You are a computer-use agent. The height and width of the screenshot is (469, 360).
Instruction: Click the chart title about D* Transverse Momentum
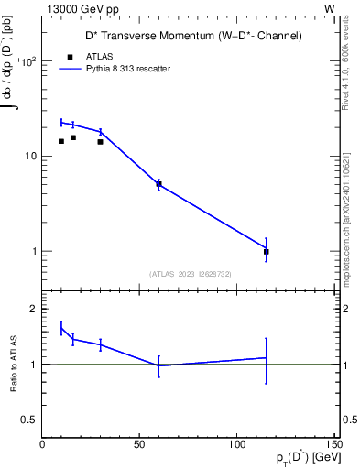pos(188,36)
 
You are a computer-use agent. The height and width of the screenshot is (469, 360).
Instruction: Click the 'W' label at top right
pos(329,7)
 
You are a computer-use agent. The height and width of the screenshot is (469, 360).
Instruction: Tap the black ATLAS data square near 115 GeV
pos(267,251)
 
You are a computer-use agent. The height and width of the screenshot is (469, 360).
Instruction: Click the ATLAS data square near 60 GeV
pos(158,184)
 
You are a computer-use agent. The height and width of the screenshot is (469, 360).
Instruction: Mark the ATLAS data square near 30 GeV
pos(100,142)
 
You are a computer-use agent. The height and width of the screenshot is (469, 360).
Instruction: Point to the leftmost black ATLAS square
pos(61,141)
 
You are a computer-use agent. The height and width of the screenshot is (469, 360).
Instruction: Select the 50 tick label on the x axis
pos(139,446)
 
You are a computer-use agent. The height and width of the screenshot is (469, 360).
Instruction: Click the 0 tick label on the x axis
pos(42,446)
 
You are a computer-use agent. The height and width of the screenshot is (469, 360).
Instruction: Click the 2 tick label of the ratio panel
pos(33,309)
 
